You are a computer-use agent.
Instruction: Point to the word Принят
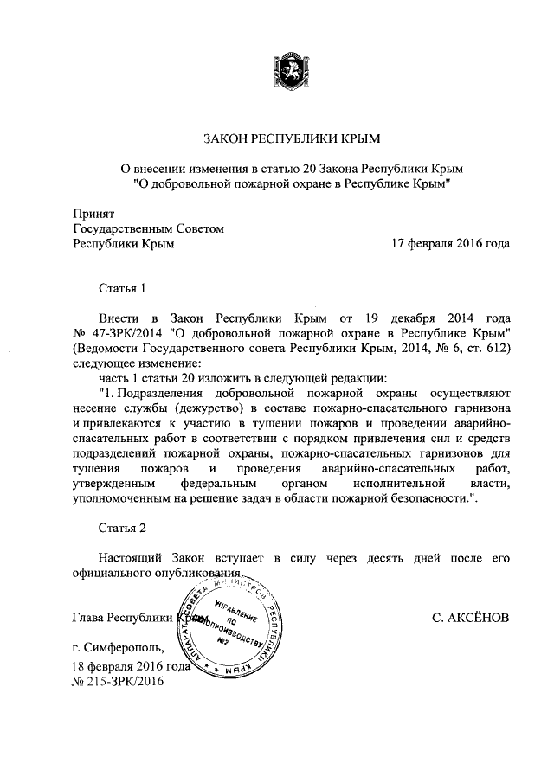pos(93,212)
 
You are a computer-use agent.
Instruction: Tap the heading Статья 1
pos(125,287)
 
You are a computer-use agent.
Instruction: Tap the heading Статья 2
pos(125,527)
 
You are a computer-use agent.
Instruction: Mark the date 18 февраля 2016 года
pos(131,666)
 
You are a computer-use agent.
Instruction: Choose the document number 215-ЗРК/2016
pos(121,681)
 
